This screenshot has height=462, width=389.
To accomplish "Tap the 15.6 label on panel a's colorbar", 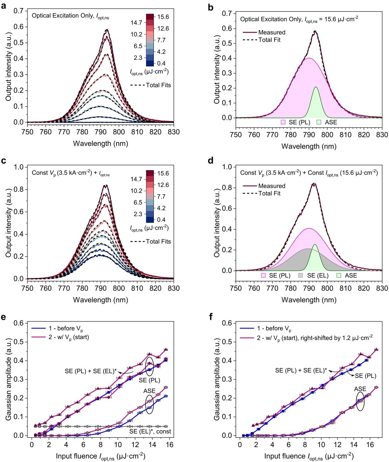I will pos(163,17).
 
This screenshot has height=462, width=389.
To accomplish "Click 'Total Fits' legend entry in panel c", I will pos(158,242).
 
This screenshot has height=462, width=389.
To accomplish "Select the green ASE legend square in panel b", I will pos(319,122).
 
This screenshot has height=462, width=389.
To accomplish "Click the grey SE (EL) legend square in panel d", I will pos(300,275).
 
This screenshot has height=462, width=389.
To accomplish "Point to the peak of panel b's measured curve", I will pos(315,31).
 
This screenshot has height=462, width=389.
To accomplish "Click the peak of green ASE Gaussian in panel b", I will pos(316,87).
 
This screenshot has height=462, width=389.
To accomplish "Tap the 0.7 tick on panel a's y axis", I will pos(19,11).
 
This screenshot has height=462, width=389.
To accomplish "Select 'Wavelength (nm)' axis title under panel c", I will pos(100,300).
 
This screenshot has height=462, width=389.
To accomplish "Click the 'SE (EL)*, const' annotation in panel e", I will pos(150,431).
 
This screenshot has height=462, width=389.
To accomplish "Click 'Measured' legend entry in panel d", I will pos(272,186).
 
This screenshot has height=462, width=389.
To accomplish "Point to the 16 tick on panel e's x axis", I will pos(170,444).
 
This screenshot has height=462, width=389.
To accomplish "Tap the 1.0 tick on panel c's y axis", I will pos(19,167).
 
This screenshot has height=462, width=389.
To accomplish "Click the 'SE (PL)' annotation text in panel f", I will pos(365,376).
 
